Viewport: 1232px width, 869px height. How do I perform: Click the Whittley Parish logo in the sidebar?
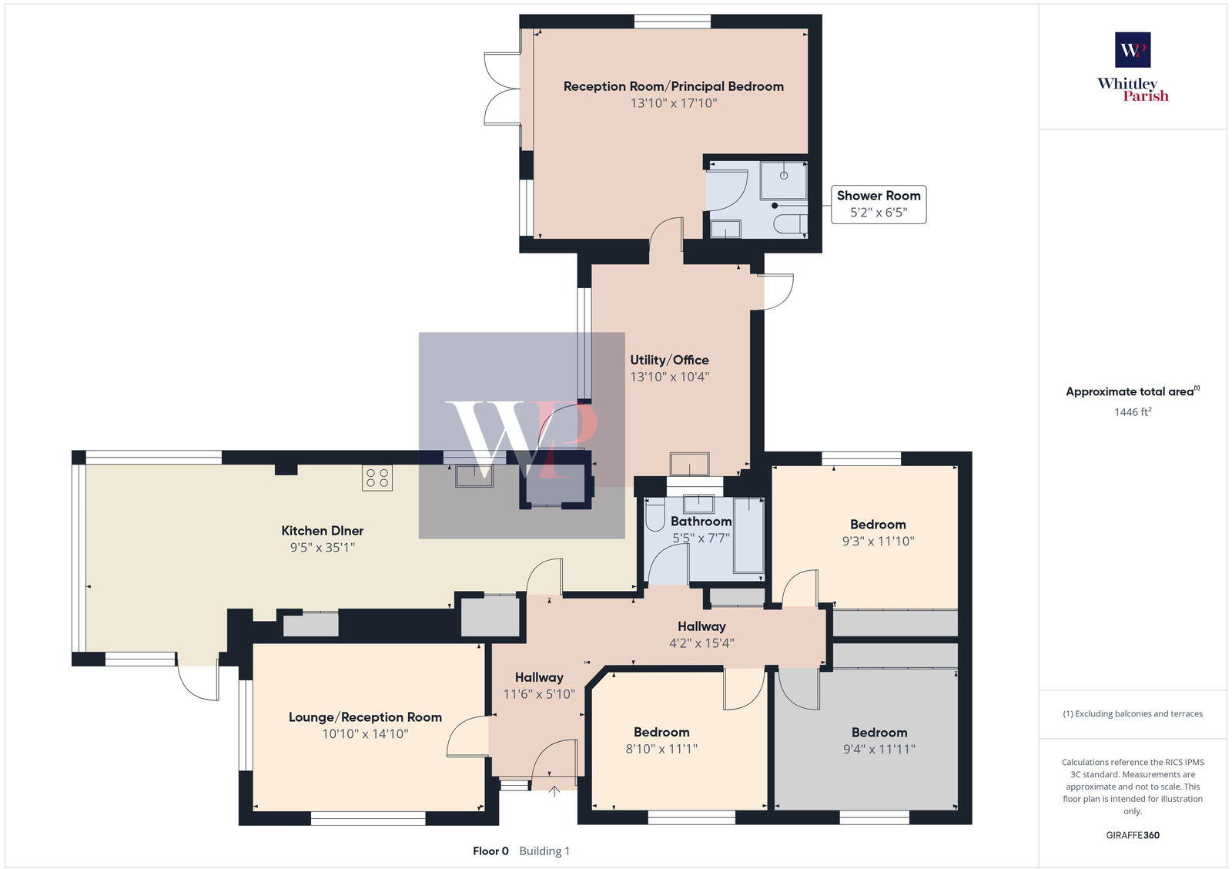[1133, 67]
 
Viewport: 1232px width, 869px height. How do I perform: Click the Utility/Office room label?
[669, 360]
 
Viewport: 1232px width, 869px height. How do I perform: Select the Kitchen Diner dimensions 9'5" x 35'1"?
[322, 548]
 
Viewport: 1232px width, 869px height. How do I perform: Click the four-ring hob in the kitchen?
[377, 478]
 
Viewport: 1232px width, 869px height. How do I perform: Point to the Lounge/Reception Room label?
[365, 717]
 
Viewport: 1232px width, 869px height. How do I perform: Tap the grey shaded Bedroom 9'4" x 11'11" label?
[879, 733]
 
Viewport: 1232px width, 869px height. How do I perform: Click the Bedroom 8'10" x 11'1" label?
[661, 733]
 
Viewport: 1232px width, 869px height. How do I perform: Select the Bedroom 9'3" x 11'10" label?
[878, 525]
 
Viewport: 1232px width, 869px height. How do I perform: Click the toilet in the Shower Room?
[791, 224]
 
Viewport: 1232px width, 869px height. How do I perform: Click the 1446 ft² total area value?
[1133, 412]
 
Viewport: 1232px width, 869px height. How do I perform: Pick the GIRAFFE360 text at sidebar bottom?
[1133, 835]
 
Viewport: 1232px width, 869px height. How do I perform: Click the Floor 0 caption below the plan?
[490, 851]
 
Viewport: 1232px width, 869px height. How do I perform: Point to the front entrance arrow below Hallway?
[554, 790]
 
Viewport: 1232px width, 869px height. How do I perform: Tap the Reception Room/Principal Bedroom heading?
[673, 86]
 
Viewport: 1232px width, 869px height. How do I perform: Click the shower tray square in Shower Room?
[783, 180]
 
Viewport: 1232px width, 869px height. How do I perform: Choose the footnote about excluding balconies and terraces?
[1133, 714]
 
